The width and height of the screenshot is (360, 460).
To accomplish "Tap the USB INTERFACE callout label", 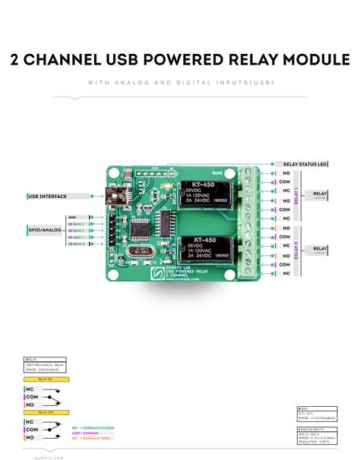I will click(x=47, y=197).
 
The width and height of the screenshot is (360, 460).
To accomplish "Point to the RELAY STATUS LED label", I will click(x=305, y=164).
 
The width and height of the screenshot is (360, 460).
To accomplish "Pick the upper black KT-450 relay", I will click(x=206, y=195).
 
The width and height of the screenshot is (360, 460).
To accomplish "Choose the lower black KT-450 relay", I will click(x=206, y=250).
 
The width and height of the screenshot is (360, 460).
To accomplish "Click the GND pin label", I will click(x=73, y=217).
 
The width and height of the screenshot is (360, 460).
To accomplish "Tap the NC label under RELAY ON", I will click(x=30, y=389).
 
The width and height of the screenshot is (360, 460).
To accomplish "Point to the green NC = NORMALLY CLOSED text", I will click(x=96, y=427).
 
